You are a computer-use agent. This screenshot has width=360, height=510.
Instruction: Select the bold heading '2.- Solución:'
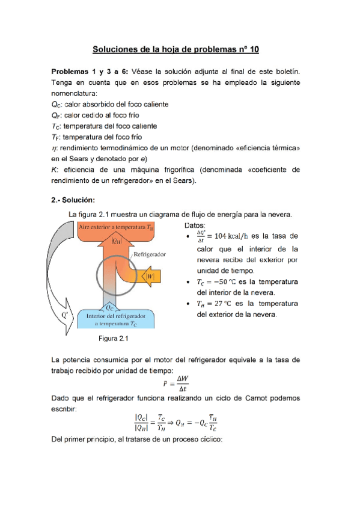(x=73, y=200)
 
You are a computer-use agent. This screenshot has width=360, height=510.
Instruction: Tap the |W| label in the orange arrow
(x=150, y=277)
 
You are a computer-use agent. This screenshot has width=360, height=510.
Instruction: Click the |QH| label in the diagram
(x=117, y=242)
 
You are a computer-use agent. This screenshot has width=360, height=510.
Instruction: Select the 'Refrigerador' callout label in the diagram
(x=150, y=254)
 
